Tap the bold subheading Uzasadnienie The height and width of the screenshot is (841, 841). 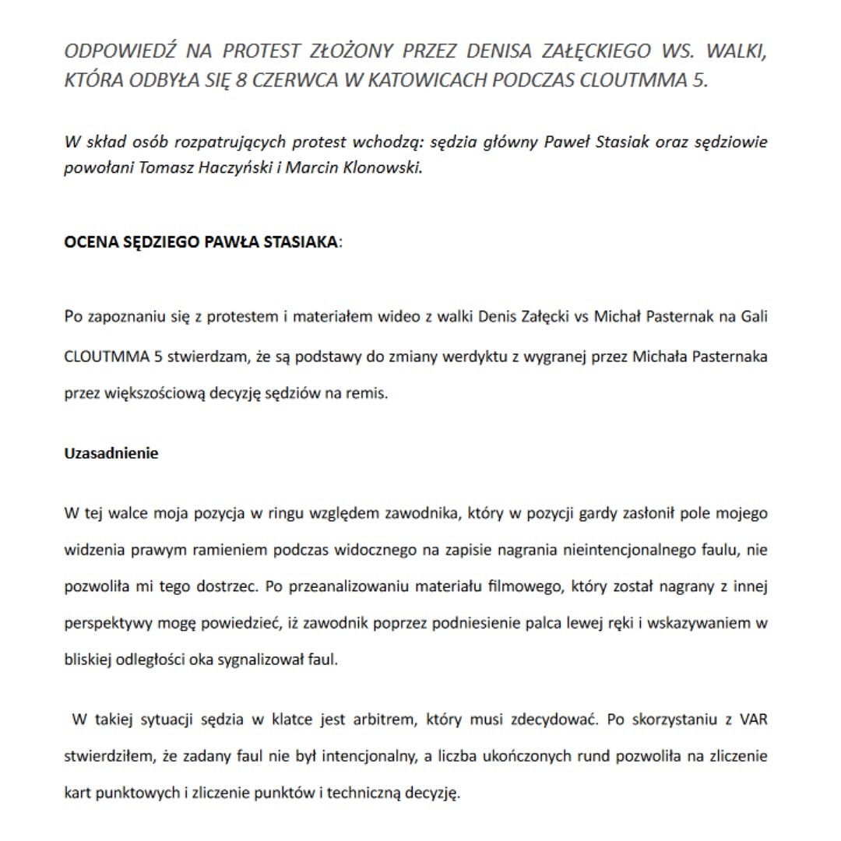click(111, 453)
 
